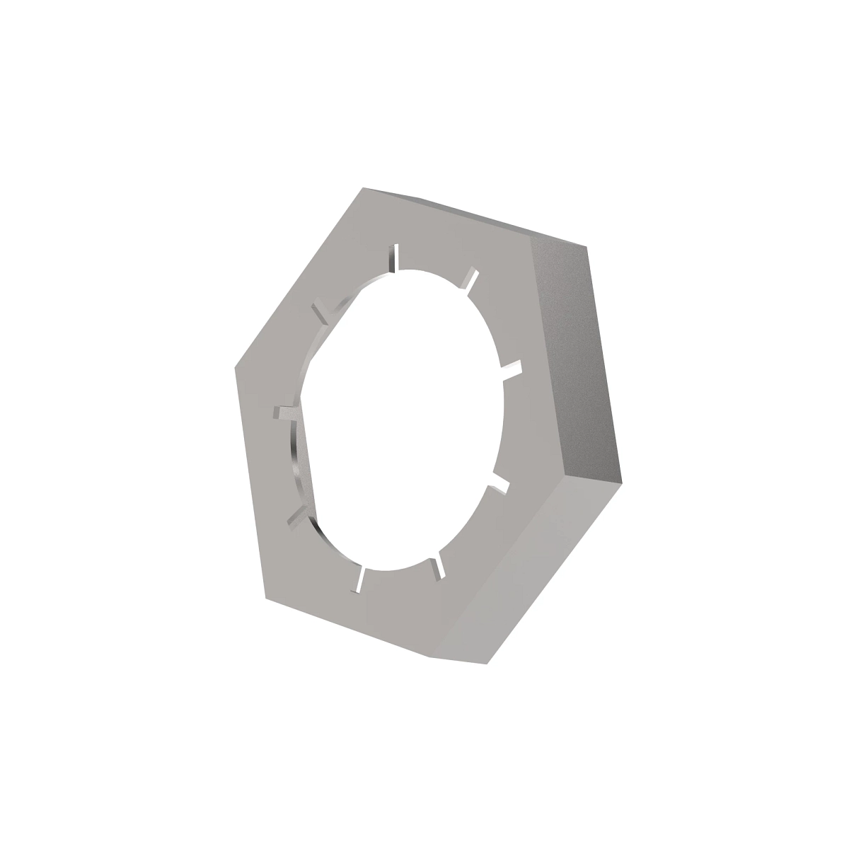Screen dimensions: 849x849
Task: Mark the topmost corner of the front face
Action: (363, 189)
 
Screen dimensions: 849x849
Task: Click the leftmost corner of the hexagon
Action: (235, 368)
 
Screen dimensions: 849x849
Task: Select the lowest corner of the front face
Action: (430, 654)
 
